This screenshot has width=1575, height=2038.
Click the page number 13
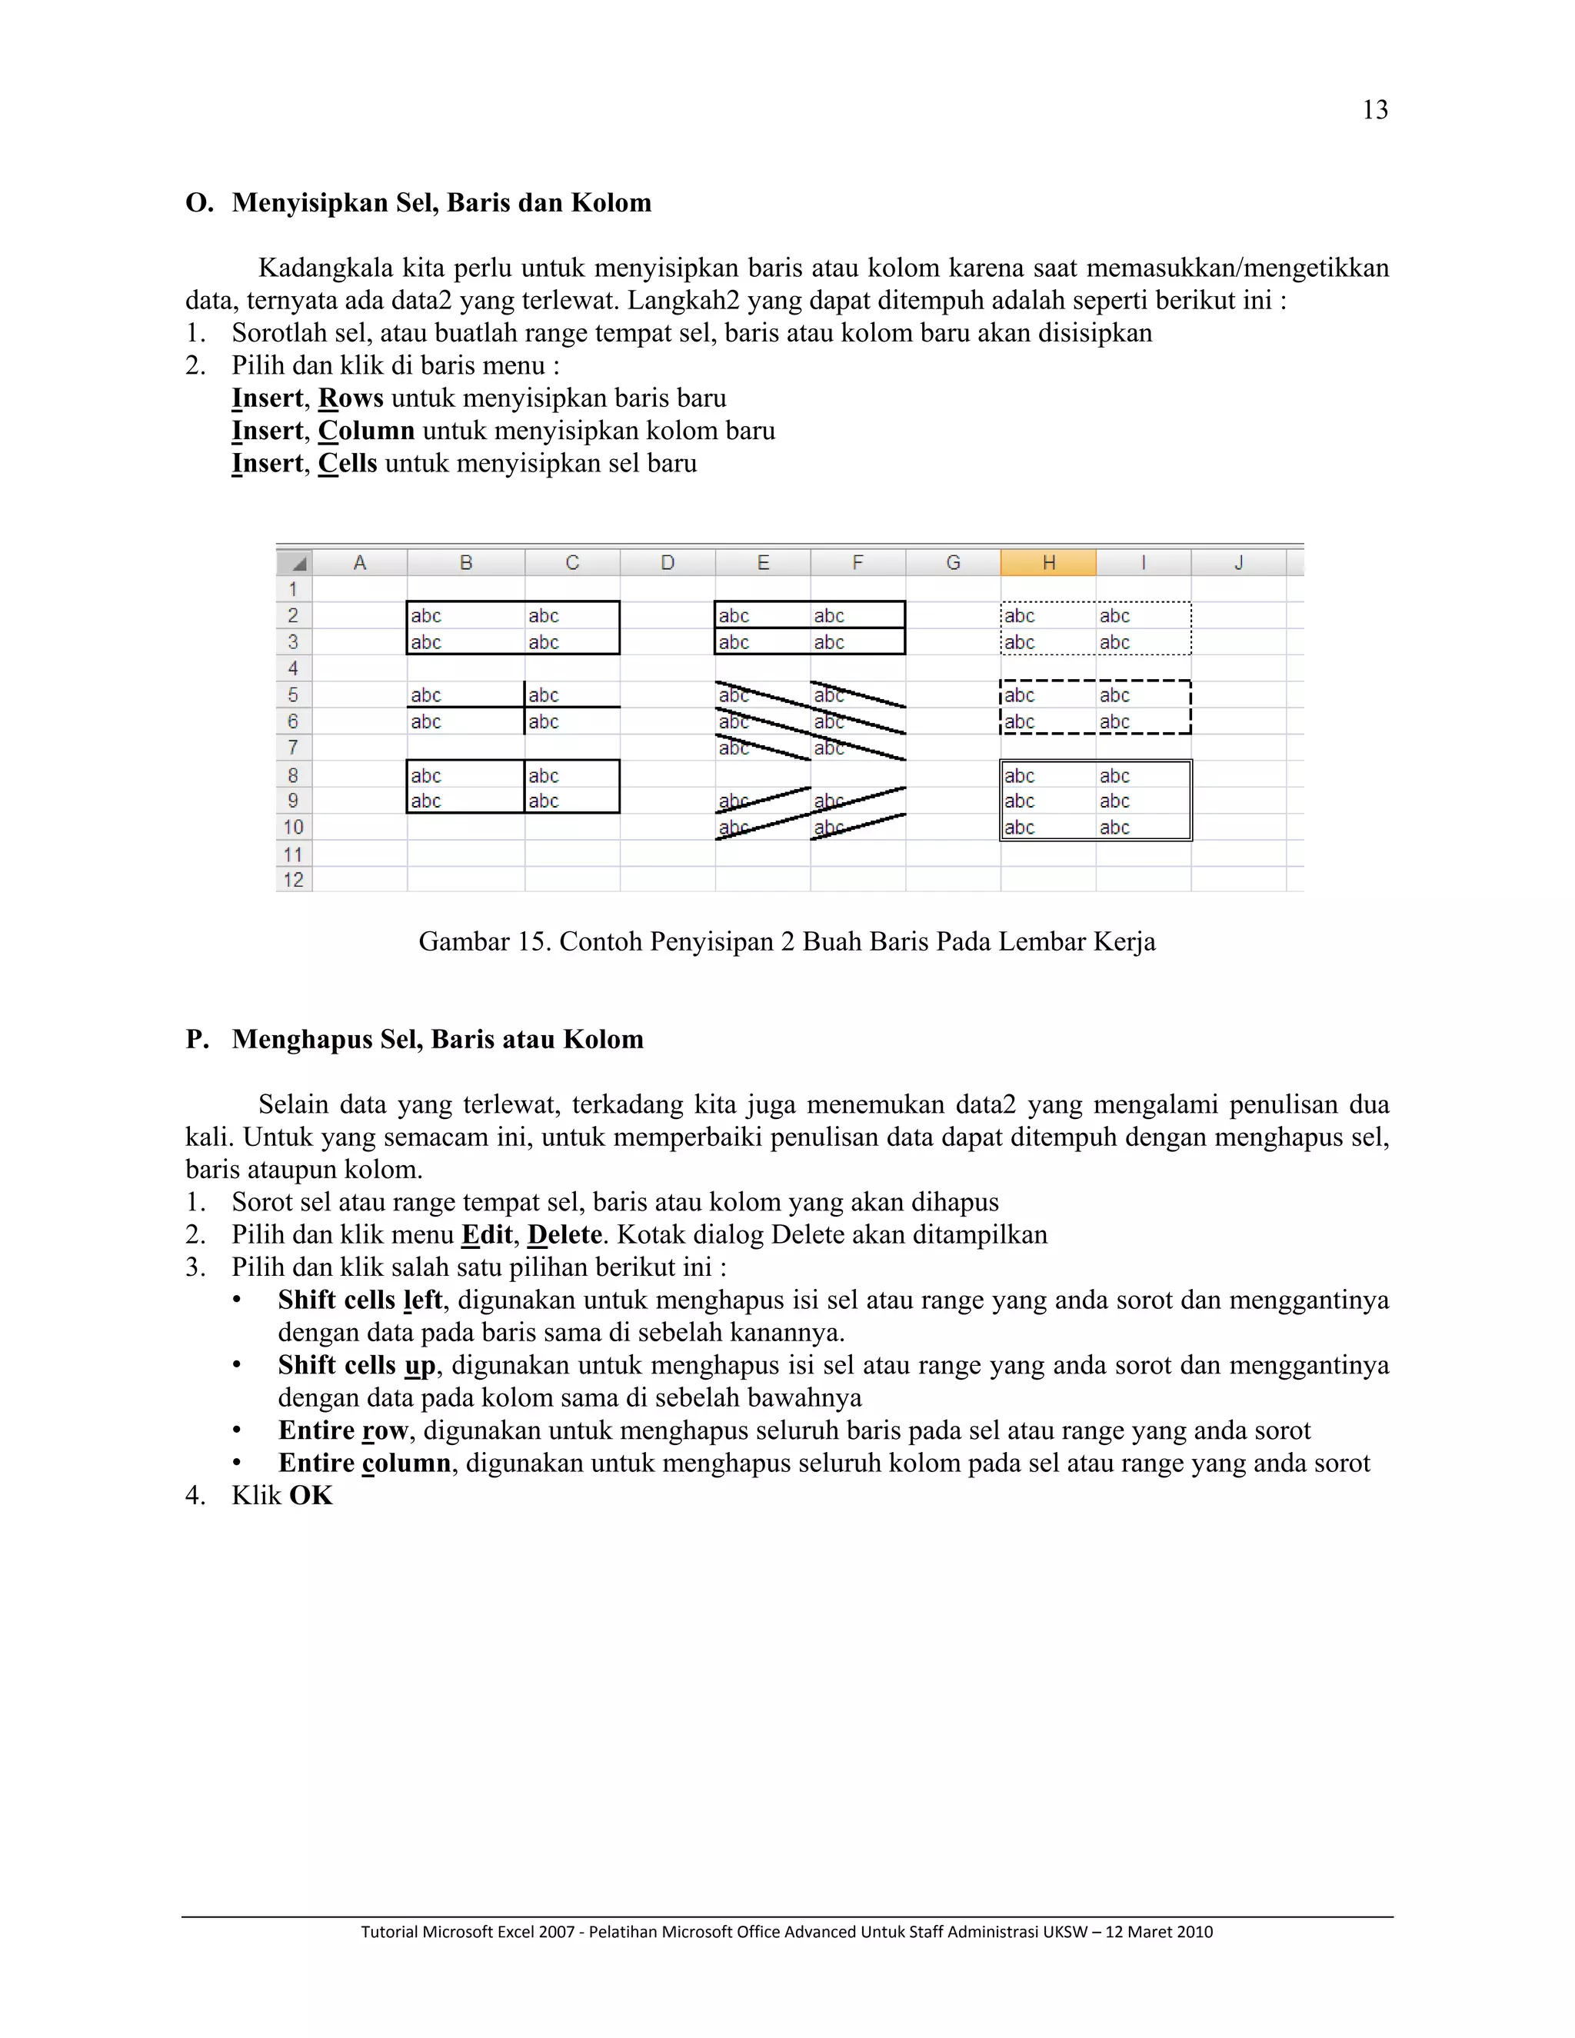tap(1374, 110)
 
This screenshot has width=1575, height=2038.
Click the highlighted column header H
tap(1048, 563)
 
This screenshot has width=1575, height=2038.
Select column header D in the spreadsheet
tap(667, 563)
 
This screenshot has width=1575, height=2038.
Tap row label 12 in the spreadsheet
tap(293, 880)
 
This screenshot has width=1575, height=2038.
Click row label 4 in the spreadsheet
tap(293, 668)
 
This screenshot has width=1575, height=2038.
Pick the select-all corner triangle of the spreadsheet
tap(298, 564)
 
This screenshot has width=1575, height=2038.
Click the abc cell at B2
tap(426, 616)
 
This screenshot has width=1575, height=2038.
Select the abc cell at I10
tap(1114, 828)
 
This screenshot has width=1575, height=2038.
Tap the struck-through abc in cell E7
tap(734, 748)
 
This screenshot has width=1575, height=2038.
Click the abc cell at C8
tap(543, 775)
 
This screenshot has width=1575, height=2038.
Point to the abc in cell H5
tap(1019, 695)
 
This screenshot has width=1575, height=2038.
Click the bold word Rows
tap(351, 398)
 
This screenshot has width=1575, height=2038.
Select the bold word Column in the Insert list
tap(366, 431)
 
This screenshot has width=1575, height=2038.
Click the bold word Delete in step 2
tap(564, 1236)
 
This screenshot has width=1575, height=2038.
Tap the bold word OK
tap(311, 1496)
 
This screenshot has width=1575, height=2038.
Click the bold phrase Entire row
tap(342, 1430)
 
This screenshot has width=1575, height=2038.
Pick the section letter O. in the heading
tap(198, 204)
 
